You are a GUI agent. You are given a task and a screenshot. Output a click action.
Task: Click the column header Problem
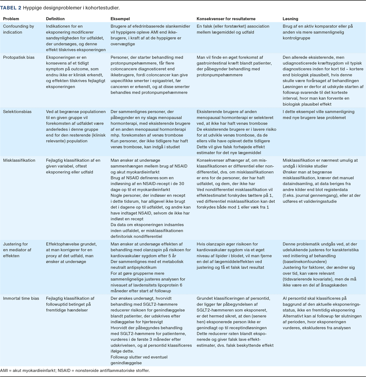11,19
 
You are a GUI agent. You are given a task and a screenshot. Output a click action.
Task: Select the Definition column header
55,19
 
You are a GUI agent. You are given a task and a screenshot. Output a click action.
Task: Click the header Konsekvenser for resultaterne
226,19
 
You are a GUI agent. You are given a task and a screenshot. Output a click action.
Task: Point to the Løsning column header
290,19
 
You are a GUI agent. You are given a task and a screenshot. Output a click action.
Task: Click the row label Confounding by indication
19,29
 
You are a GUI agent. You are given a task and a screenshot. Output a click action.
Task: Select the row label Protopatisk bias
19,57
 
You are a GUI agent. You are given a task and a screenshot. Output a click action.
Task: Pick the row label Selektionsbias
17,112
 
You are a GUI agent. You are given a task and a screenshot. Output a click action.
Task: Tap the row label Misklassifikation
19,160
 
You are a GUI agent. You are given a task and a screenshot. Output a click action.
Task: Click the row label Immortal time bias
21,298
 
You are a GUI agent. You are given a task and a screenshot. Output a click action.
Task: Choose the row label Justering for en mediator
17,250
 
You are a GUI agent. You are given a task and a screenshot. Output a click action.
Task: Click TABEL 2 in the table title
11,7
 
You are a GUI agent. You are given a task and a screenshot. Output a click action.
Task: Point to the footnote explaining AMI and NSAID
75,371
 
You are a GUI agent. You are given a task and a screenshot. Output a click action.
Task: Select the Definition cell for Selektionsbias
76,126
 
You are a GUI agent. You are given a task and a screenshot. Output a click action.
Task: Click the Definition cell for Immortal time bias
70,304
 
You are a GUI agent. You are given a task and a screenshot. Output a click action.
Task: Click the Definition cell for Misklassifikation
73,166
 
